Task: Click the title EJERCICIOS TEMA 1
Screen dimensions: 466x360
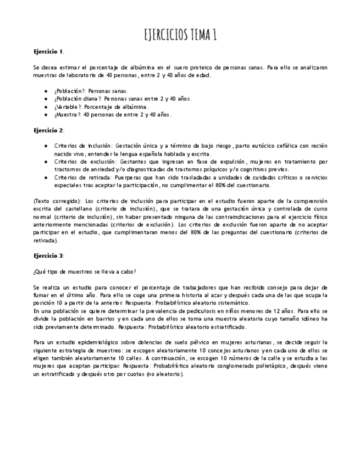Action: point(180,36)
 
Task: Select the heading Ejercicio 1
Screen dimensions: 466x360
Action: point(48,52)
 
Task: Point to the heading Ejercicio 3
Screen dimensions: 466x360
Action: point(48,256)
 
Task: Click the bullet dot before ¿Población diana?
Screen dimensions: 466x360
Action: point(45,99)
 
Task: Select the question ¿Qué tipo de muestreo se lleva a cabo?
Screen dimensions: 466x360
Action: point(85,271)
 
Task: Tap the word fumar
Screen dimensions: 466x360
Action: point(41,295)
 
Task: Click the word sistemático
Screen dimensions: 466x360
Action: point(231,303)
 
